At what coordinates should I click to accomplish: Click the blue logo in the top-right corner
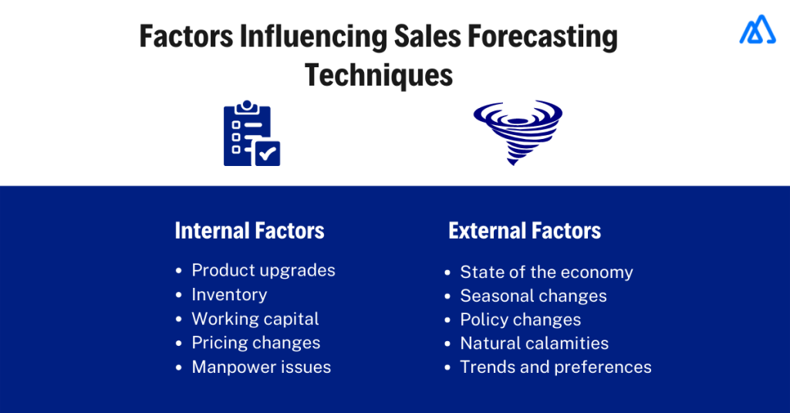pos(757,29)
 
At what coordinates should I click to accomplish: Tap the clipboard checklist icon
pos(250,134)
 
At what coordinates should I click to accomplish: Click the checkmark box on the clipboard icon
pos(267,153)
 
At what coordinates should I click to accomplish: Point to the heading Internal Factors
pos(249,230)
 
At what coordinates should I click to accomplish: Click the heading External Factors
pos(525,230)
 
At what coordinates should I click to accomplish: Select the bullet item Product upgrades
pos(263,270)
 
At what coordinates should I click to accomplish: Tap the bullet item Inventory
pos(229,294)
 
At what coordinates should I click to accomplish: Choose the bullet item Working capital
pos(255,319)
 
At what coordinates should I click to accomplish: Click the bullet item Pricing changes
pos(255,343)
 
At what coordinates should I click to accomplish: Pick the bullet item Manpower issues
pos(261,367)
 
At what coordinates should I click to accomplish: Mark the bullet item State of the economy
pos(546,273)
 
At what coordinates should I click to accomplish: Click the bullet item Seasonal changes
pos(533,296)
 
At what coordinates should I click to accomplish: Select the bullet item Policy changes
pos(520,320)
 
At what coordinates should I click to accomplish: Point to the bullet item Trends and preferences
pos(555,367)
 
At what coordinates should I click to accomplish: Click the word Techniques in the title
pos(378,75)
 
